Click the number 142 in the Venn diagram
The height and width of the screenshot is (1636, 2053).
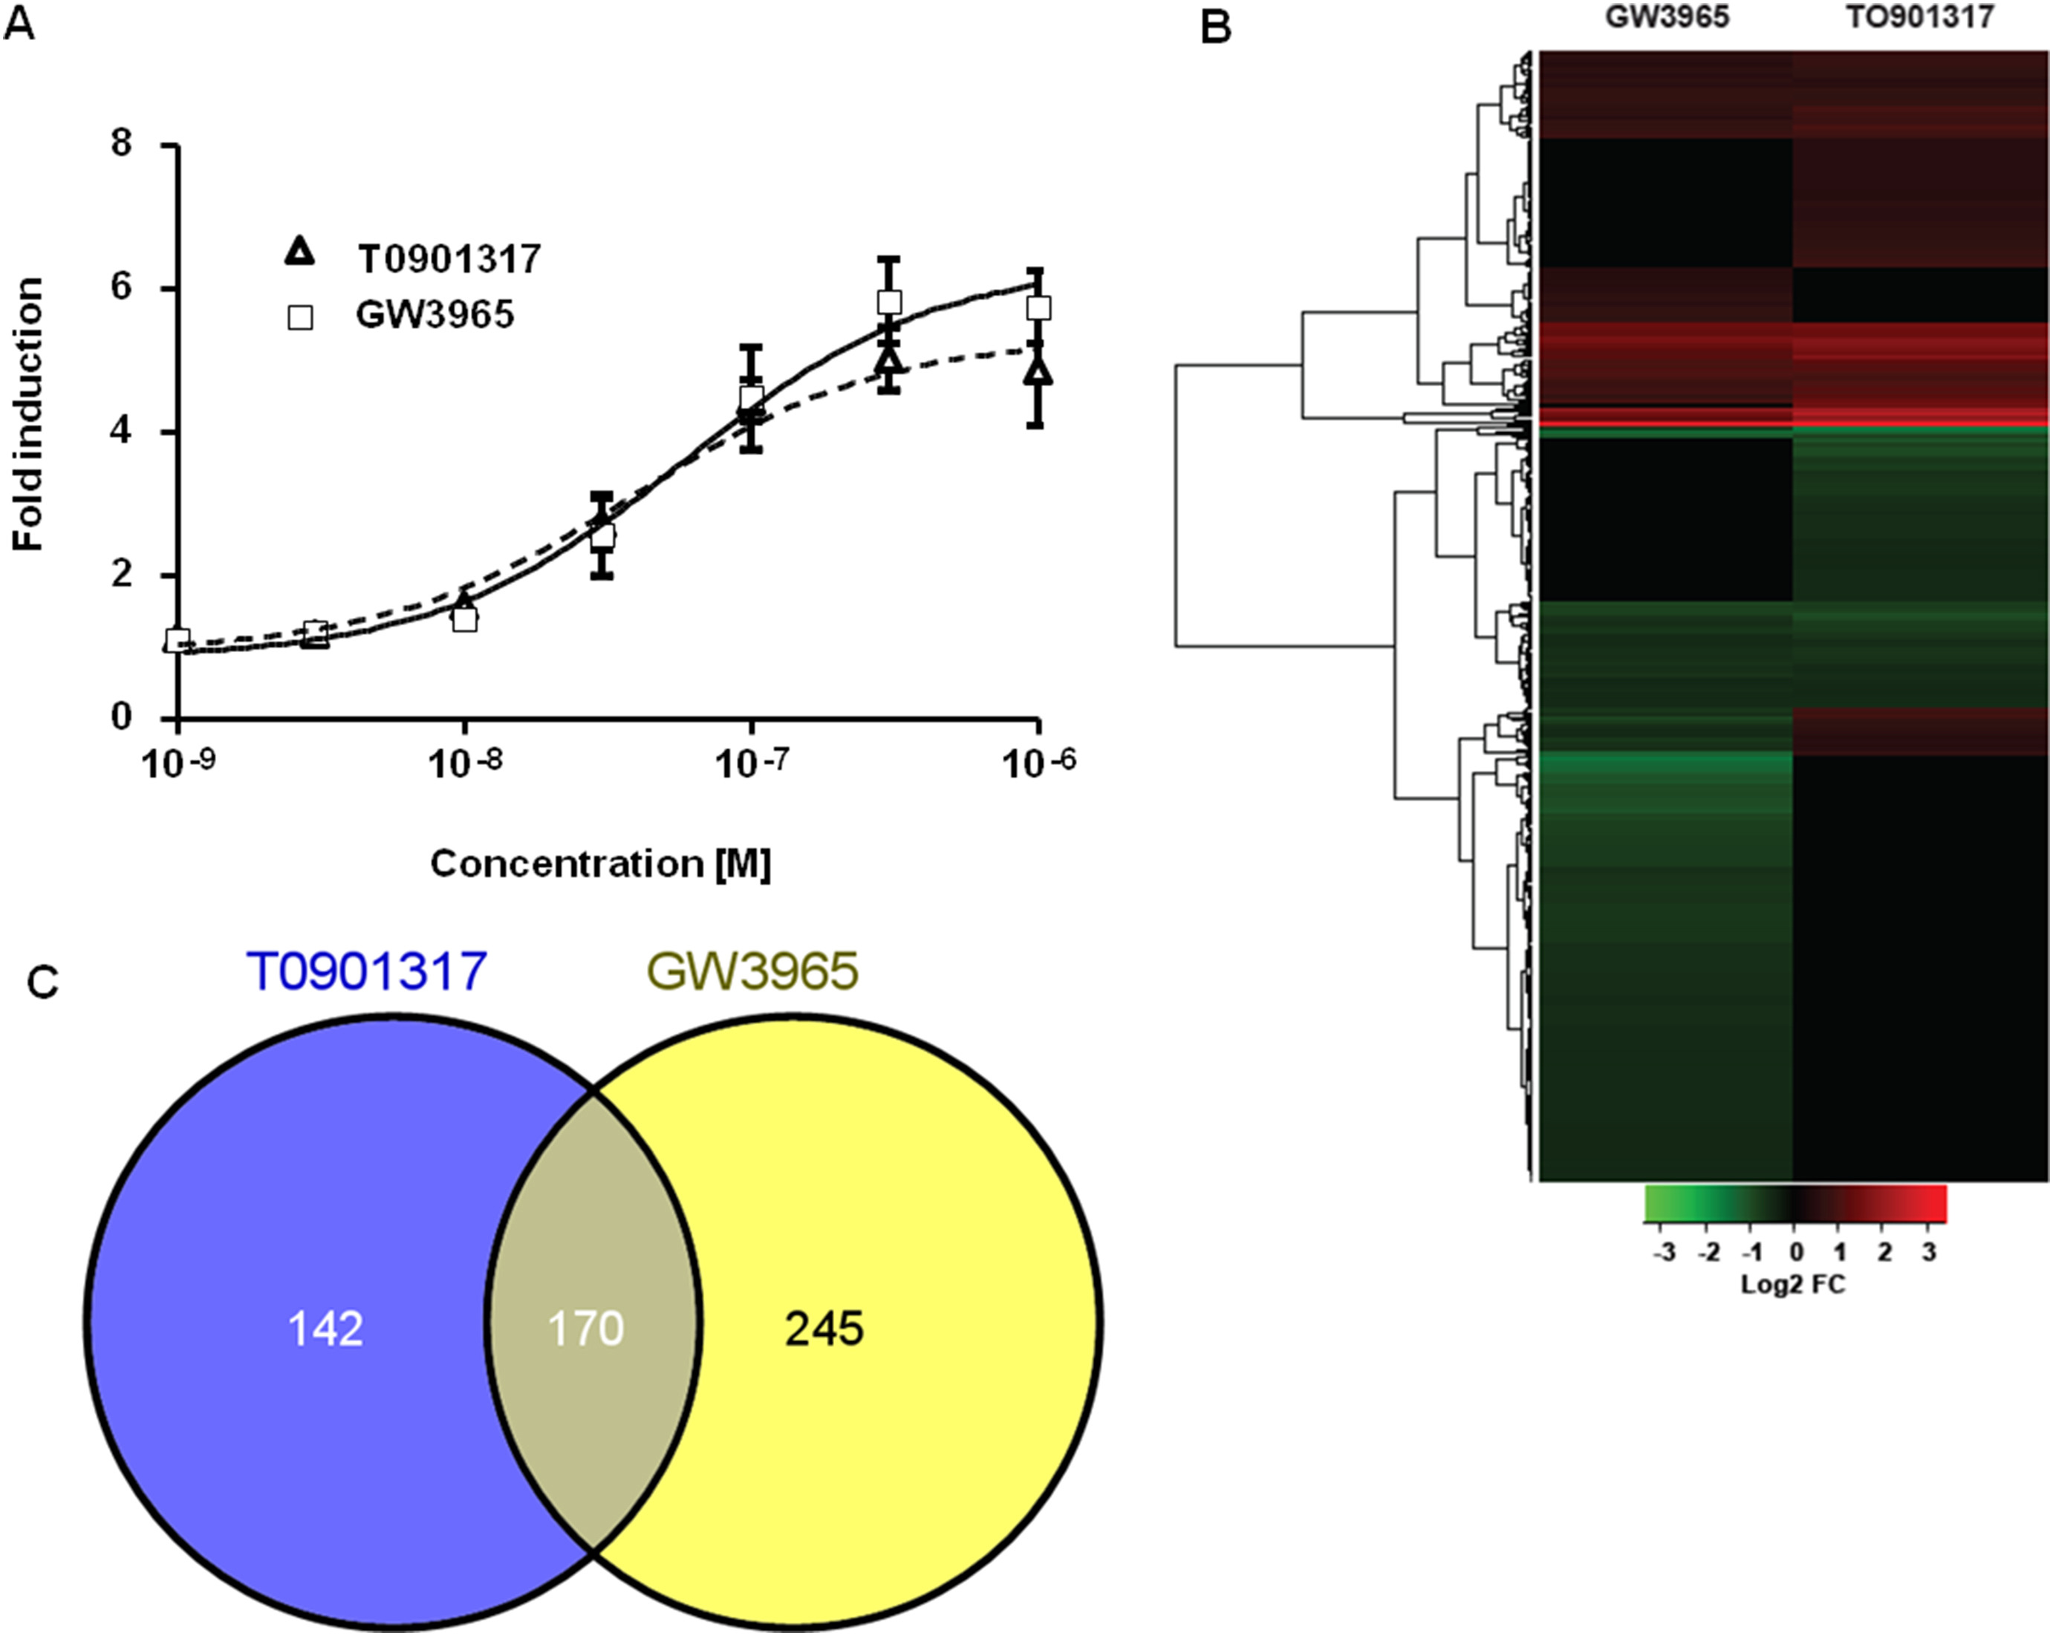coord(325,1329)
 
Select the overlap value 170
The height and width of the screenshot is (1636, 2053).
coord(585,1329)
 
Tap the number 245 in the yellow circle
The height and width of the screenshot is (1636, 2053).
coord(824,1329)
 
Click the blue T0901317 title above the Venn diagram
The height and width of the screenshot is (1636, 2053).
coord(367,972)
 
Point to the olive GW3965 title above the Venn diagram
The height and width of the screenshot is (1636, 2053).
coord(752,972)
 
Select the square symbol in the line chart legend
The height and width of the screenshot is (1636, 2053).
coord(300,316)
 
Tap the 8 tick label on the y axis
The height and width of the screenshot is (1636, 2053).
coord(121,144)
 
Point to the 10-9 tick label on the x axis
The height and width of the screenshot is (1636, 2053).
coord(179,763)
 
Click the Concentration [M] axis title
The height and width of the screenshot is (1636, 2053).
coord(601,864)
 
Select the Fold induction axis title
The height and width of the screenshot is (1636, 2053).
coord(27,414)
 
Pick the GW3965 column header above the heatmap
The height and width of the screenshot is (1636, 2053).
coord(1667,16)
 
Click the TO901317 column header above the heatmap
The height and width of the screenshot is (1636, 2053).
coord(1920,16)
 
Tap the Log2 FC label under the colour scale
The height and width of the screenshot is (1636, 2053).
coord(1793,1285)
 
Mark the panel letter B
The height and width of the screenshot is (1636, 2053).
coord(1216,27)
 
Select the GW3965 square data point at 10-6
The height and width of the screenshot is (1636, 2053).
coord(1039,307)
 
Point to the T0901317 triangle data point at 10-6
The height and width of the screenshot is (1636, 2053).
coord(1039,371)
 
